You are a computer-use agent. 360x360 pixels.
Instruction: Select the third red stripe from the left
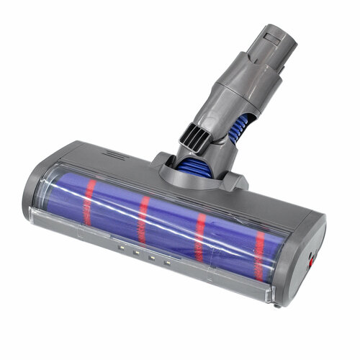coord(200,236)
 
